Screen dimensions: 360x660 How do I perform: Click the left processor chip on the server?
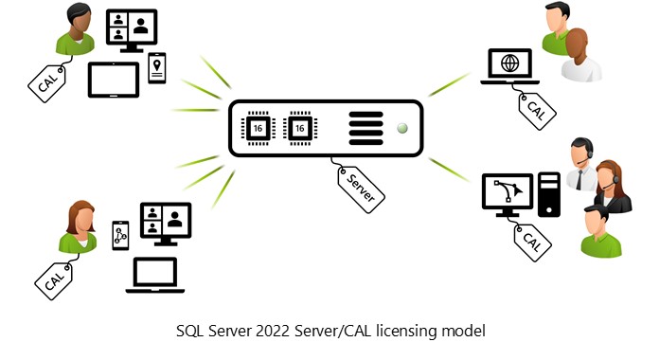pos(257,127)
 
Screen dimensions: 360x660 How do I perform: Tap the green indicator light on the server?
pos(402,127)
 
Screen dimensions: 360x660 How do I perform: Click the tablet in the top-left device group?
pos(114,80)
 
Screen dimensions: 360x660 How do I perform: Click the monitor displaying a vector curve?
pos(508,193)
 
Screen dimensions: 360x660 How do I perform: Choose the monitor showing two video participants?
pos(165,223)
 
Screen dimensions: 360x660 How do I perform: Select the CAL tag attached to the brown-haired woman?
pos(55,276)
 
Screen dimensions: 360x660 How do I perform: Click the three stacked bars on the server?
pos(365,127)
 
